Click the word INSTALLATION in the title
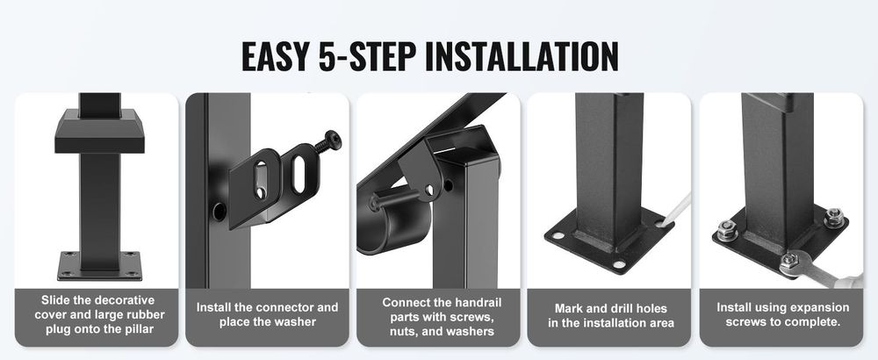point(521,56)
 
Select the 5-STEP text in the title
point(367,56)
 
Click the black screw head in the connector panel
point(333,140)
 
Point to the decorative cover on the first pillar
point(100,131)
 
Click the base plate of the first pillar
point(100,266)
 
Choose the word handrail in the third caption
point(477,303)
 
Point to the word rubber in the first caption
point(144,314)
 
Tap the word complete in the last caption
point(816,322)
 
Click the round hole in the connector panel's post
point(219,211)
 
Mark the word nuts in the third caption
point(403,331)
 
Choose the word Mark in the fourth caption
point(568,308)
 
